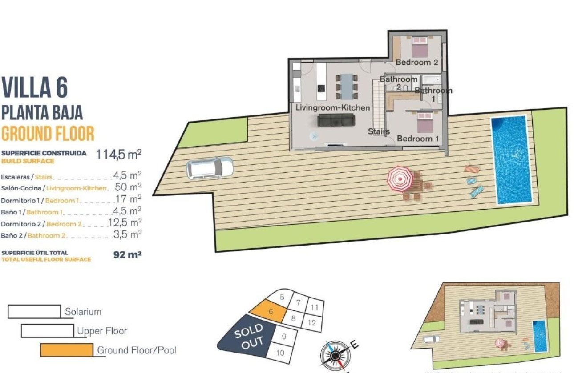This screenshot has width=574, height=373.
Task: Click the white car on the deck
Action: pos(210,167)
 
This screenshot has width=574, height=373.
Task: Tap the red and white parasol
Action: pos(400,179)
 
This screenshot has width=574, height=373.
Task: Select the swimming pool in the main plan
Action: pos(511,160)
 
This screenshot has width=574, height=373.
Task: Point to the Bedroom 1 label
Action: pos(418,139)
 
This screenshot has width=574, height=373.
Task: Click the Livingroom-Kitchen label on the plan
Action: pos(333,108)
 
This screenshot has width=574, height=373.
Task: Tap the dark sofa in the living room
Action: pos(336,120)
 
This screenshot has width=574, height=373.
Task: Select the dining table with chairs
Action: pos(346,85)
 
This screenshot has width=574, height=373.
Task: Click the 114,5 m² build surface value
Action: pos(118,155)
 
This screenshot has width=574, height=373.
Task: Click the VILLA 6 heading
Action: pos(35,87)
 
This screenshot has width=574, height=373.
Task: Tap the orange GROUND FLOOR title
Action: pos(48,133)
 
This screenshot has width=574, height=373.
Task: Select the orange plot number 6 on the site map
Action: pos(268,311)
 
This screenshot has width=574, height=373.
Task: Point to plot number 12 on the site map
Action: pos(311,323)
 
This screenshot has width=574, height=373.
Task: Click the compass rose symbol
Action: pos(333,355)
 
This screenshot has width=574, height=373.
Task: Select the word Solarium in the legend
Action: pos(83,312)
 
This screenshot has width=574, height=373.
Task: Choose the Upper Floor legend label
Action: pos(102,331)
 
